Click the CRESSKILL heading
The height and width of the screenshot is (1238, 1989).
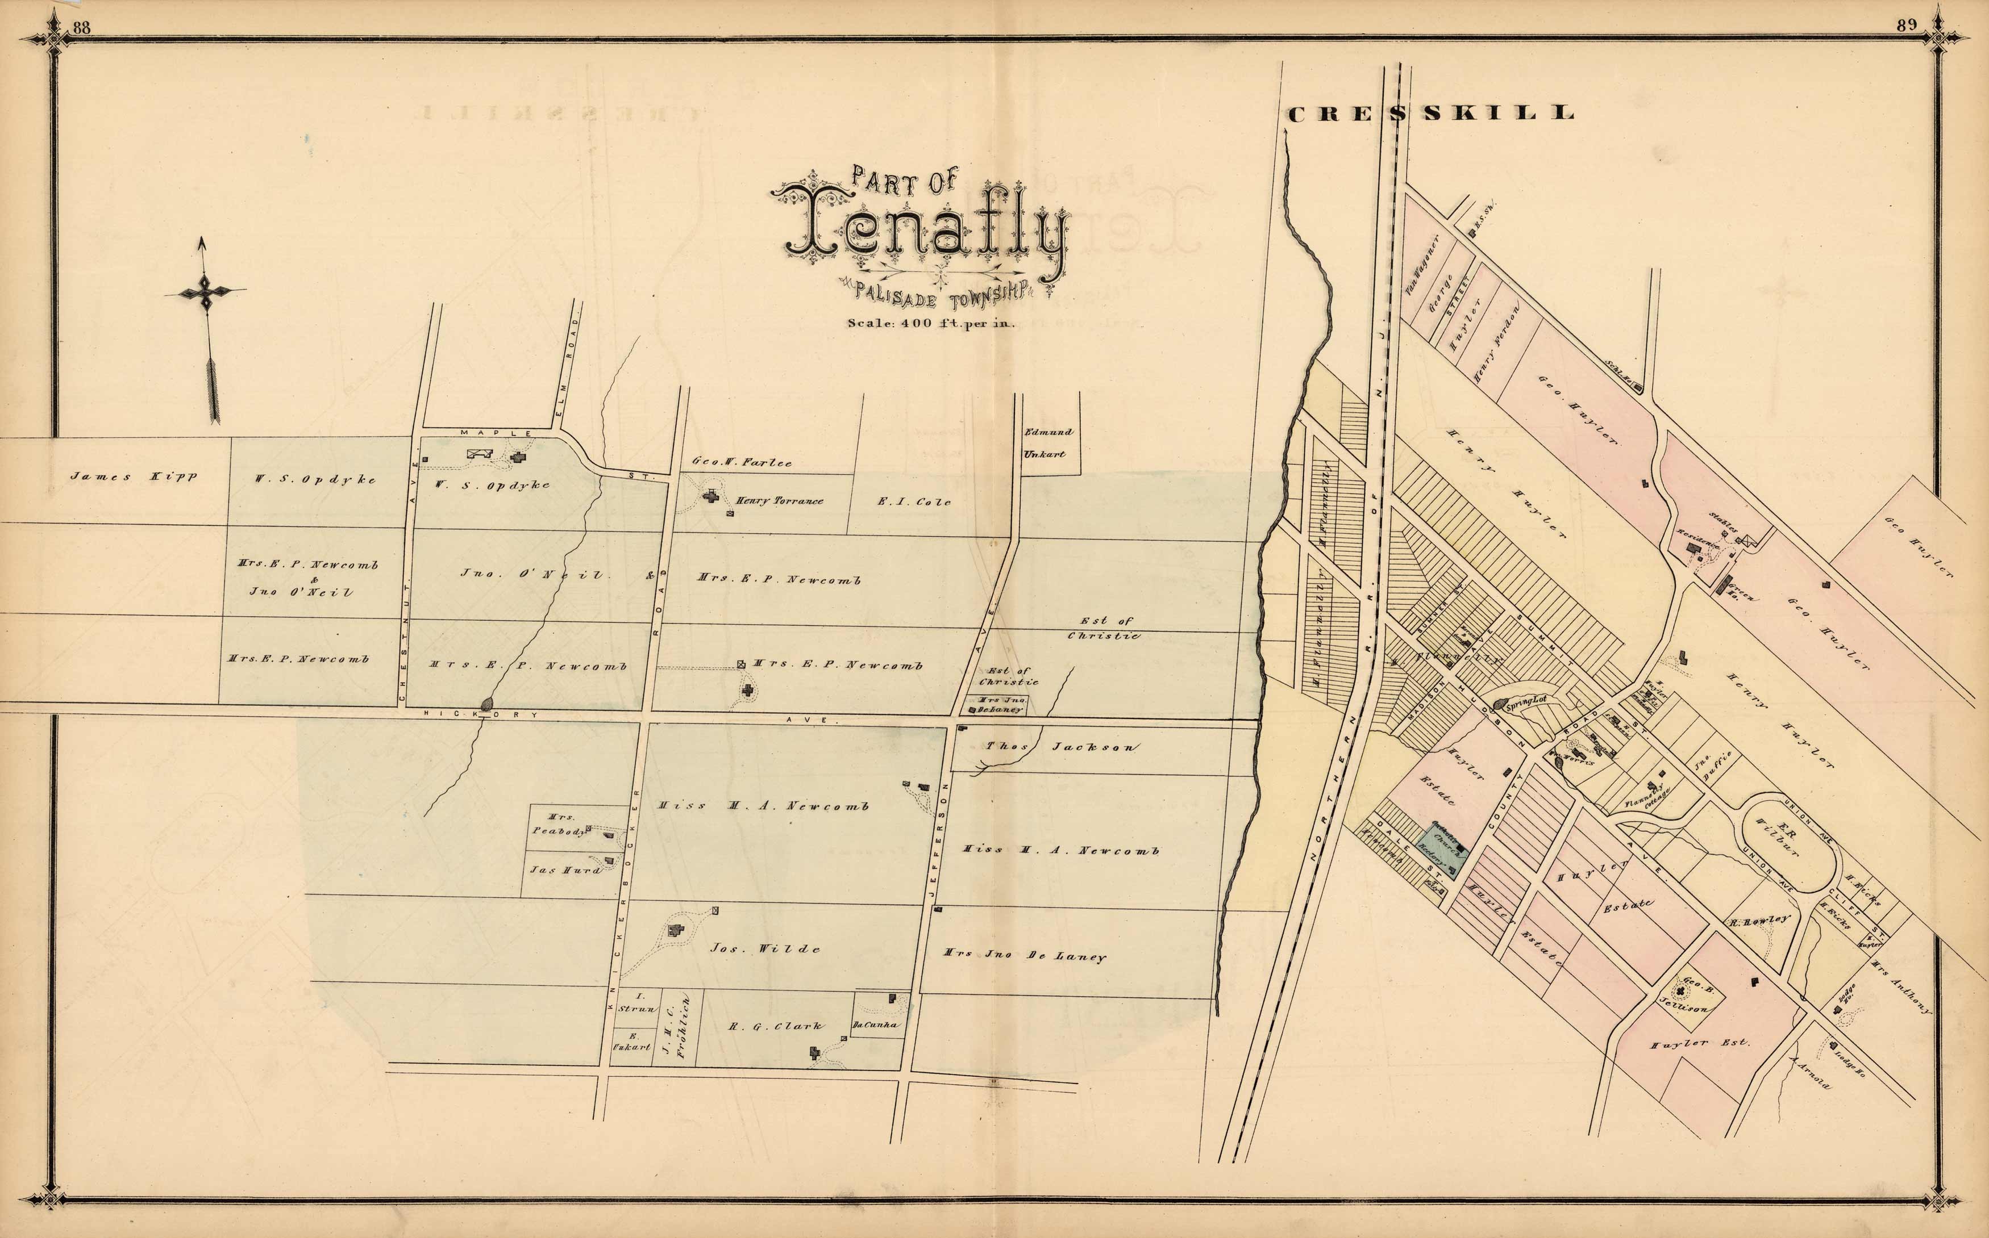click(1430, 114)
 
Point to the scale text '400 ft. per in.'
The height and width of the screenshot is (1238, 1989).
click(931, 323)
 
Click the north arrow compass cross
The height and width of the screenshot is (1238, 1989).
click(205, 291)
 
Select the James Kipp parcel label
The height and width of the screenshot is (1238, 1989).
click(133, 476)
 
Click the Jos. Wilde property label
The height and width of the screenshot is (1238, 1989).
click(764, 948)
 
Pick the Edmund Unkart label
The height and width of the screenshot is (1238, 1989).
click(1048, 442)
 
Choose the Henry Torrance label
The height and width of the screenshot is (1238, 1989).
click(778, 500)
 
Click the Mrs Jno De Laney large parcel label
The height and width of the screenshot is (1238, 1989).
click(1024, 955)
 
